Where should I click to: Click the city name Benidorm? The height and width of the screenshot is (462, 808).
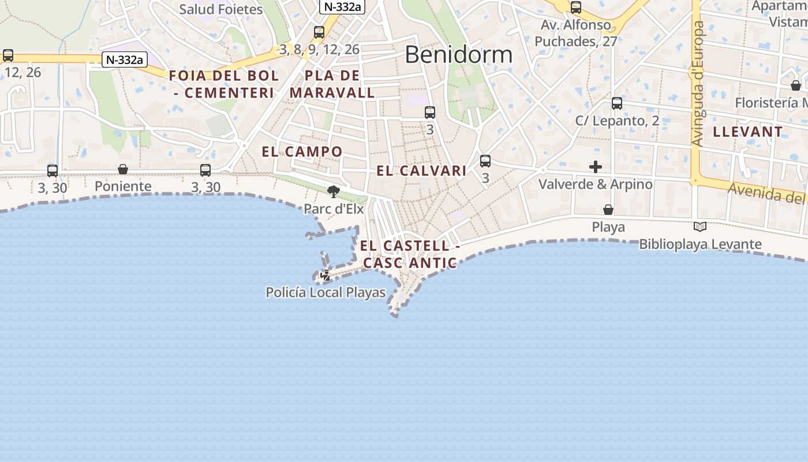coord(458,54)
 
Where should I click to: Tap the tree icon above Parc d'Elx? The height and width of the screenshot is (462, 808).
coord(333,191)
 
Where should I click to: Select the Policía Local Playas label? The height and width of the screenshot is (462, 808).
coord(326,293)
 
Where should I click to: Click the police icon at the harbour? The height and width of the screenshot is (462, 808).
coord(326,275)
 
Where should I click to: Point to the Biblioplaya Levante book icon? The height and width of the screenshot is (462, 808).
coord(700,227)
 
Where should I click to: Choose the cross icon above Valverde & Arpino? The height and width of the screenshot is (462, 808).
coord(596,167)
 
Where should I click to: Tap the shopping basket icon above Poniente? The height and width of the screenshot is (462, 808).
coord(123,169)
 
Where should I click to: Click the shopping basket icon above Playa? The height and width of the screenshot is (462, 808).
coord(608,210)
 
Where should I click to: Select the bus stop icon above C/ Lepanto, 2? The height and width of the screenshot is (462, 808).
coord(617,103)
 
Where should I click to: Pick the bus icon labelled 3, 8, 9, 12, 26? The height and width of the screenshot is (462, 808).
coord(319,32)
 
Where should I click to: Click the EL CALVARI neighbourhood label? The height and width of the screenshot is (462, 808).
coord(421,171)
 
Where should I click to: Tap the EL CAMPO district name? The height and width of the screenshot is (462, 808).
coord(302,152)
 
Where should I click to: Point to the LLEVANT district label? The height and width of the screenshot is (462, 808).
coord(747,132)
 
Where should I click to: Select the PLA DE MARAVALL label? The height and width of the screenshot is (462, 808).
coord(332,84)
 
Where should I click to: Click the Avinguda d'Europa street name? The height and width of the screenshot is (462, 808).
coord(698,84)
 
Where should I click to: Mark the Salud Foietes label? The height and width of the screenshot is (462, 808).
coord(220,9)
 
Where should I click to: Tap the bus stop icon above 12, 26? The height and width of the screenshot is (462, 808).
coord(8,55)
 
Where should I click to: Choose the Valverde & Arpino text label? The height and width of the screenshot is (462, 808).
coord(595,184)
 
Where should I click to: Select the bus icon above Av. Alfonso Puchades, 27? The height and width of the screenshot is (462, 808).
coord(575,8)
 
